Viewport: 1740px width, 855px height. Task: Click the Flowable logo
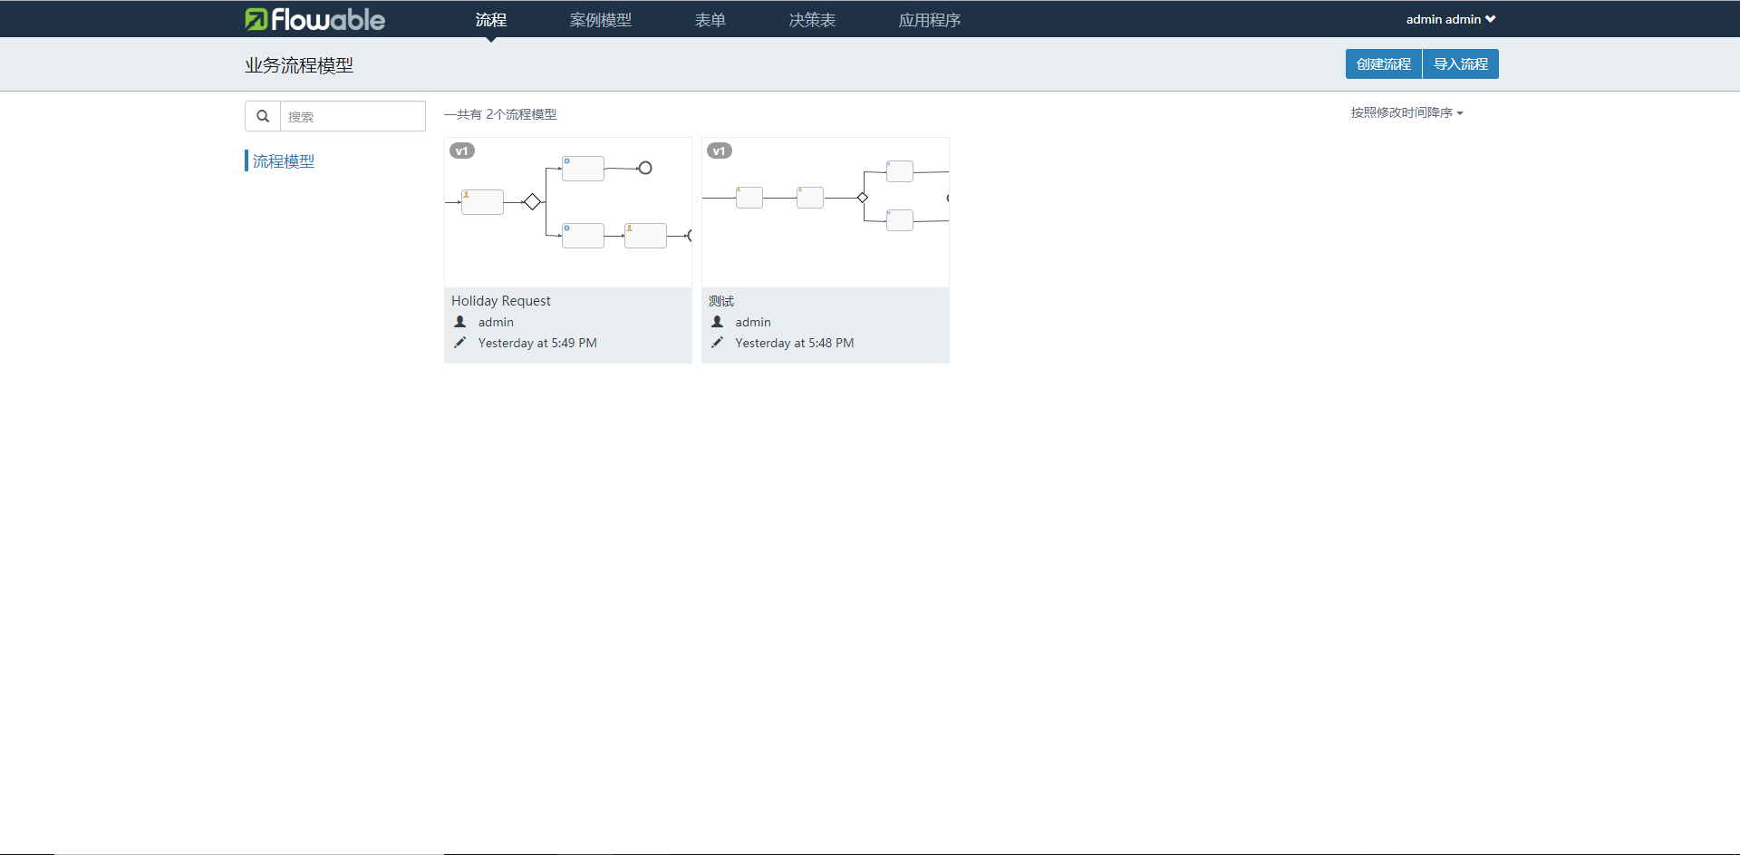point(314,19)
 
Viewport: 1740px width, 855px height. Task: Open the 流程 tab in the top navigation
point(490,20)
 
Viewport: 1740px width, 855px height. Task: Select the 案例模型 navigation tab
point(600,20)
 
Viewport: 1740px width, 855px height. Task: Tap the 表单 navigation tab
point(710,20)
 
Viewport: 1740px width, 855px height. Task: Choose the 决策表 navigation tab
point(812,20)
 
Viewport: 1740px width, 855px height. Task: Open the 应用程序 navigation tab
point(929,20)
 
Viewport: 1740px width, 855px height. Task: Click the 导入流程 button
point(1461,64)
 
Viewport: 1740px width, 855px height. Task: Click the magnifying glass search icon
point(263,116)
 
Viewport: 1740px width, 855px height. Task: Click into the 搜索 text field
point(353,116)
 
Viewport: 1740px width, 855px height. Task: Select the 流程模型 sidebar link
point(284,161)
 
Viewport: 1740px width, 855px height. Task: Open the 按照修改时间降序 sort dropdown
point(1406,112)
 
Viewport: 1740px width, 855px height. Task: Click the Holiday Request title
point(501,301)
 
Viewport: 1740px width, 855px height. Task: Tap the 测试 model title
point(721,301)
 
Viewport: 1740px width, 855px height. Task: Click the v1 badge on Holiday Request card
point(462,151)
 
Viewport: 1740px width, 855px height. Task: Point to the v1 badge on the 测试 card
point(720,151)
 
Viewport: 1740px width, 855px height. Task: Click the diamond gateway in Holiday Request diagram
point(533,201)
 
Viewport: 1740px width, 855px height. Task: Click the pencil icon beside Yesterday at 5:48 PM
point(717,343)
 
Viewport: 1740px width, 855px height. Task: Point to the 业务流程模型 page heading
point(299,65)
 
